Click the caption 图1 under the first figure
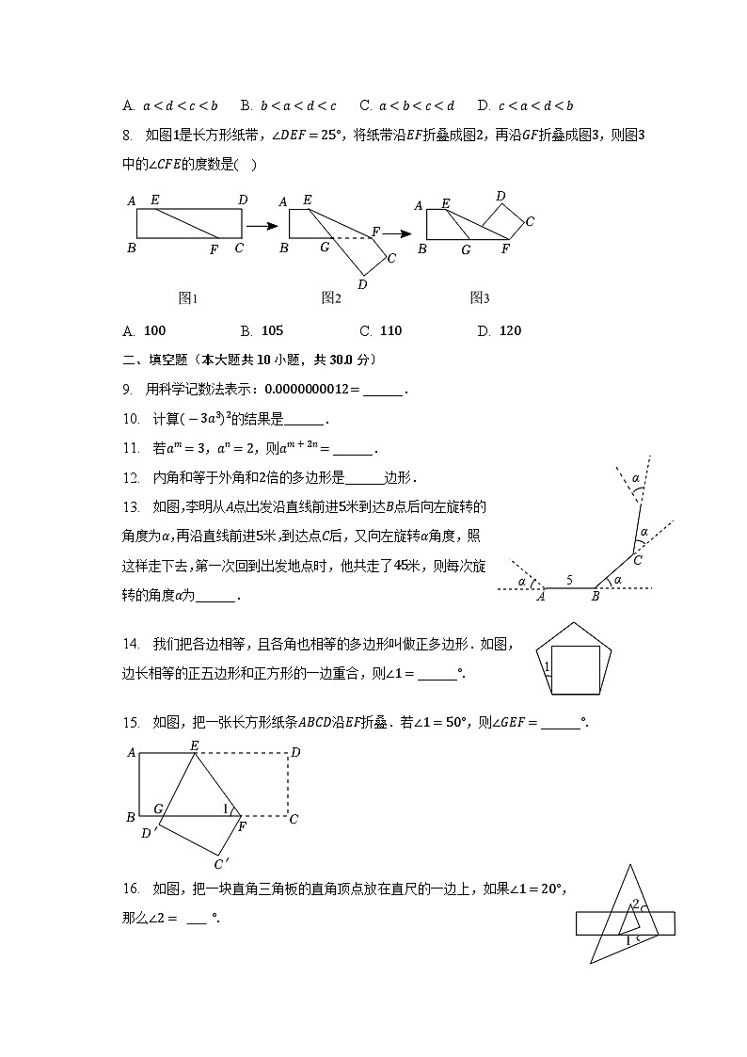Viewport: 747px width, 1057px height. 188,298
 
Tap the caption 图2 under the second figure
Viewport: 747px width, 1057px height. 330,298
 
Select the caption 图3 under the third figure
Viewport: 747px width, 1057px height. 480,298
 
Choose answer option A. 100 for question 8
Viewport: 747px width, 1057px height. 145,330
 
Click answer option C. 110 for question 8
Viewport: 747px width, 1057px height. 381,330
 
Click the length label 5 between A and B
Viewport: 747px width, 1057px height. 569,581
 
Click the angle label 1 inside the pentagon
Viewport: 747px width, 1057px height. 547,667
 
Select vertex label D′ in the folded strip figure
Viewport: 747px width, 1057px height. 147,833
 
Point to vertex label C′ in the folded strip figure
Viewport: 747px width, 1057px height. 220,864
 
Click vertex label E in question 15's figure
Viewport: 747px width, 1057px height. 195,745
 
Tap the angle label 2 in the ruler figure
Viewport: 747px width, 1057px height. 635,905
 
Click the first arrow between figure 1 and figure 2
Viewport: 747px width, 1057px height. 261,226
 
